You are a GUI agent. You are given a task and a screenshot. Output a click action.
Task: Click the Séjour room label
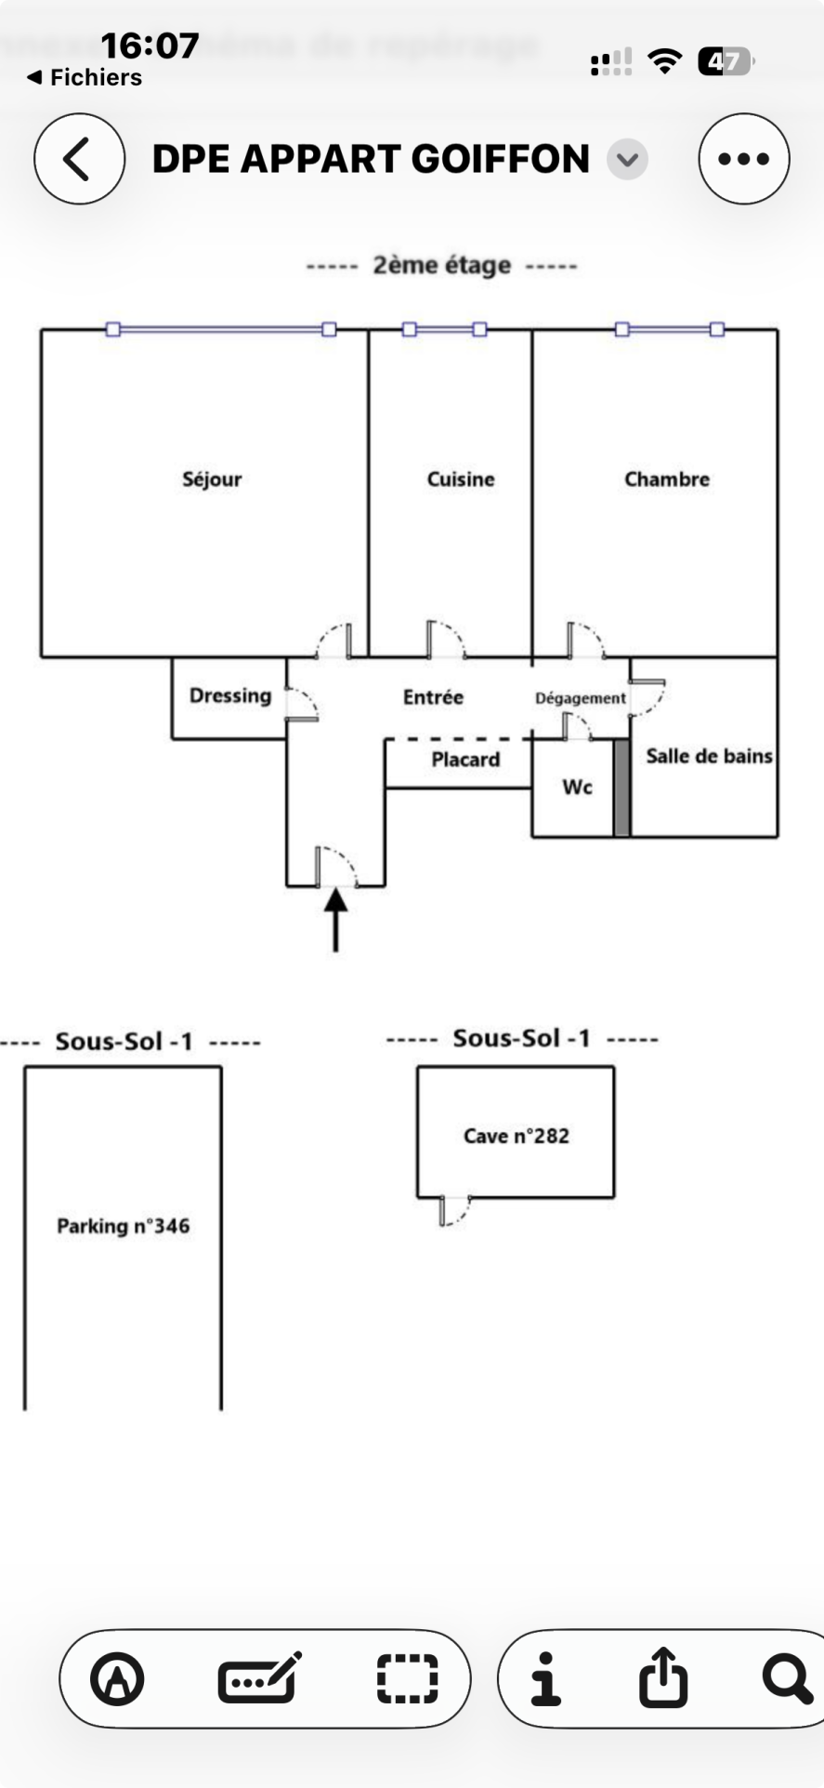[212, 480]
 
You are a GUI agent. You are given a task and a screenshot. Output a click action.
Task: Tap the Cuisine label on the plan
[461, 480]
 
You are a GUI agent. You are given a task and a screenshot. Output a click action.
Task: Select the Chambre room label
[667, 480]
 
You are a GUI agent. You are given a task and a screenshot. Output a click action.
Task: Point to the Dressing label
[230, 696]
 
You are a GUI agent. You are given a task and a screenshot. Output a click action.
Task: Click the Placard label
[465, 760]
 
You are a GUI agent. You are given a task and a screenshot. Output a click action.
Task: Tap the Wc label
[577, 787]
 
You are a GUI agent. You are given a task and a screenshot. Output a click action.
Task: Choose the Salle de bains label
[709, 756]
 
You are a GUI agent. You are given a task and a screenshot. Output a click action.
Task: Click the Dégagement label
[581, 698]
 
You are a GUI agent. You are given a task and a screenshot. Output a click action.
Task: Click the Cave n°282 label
[517, 1136]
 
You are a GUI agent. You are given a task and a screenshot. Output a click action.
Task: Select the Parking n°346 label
[124, 1226]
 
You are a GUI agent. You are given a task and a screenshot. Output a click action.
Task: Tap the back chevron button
[79, 159]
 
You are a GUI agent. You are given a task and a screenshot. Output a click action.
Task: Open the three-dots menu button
[744, 159]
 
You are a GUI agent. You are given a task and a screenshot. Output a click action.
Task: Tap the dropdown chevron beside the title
[628, 159]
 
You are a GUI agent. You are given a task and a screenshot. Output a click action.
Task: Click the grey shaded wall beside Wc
[621, 788]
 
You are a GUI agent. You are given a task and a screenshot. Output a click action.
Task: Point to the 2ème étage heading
[442, 266]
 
